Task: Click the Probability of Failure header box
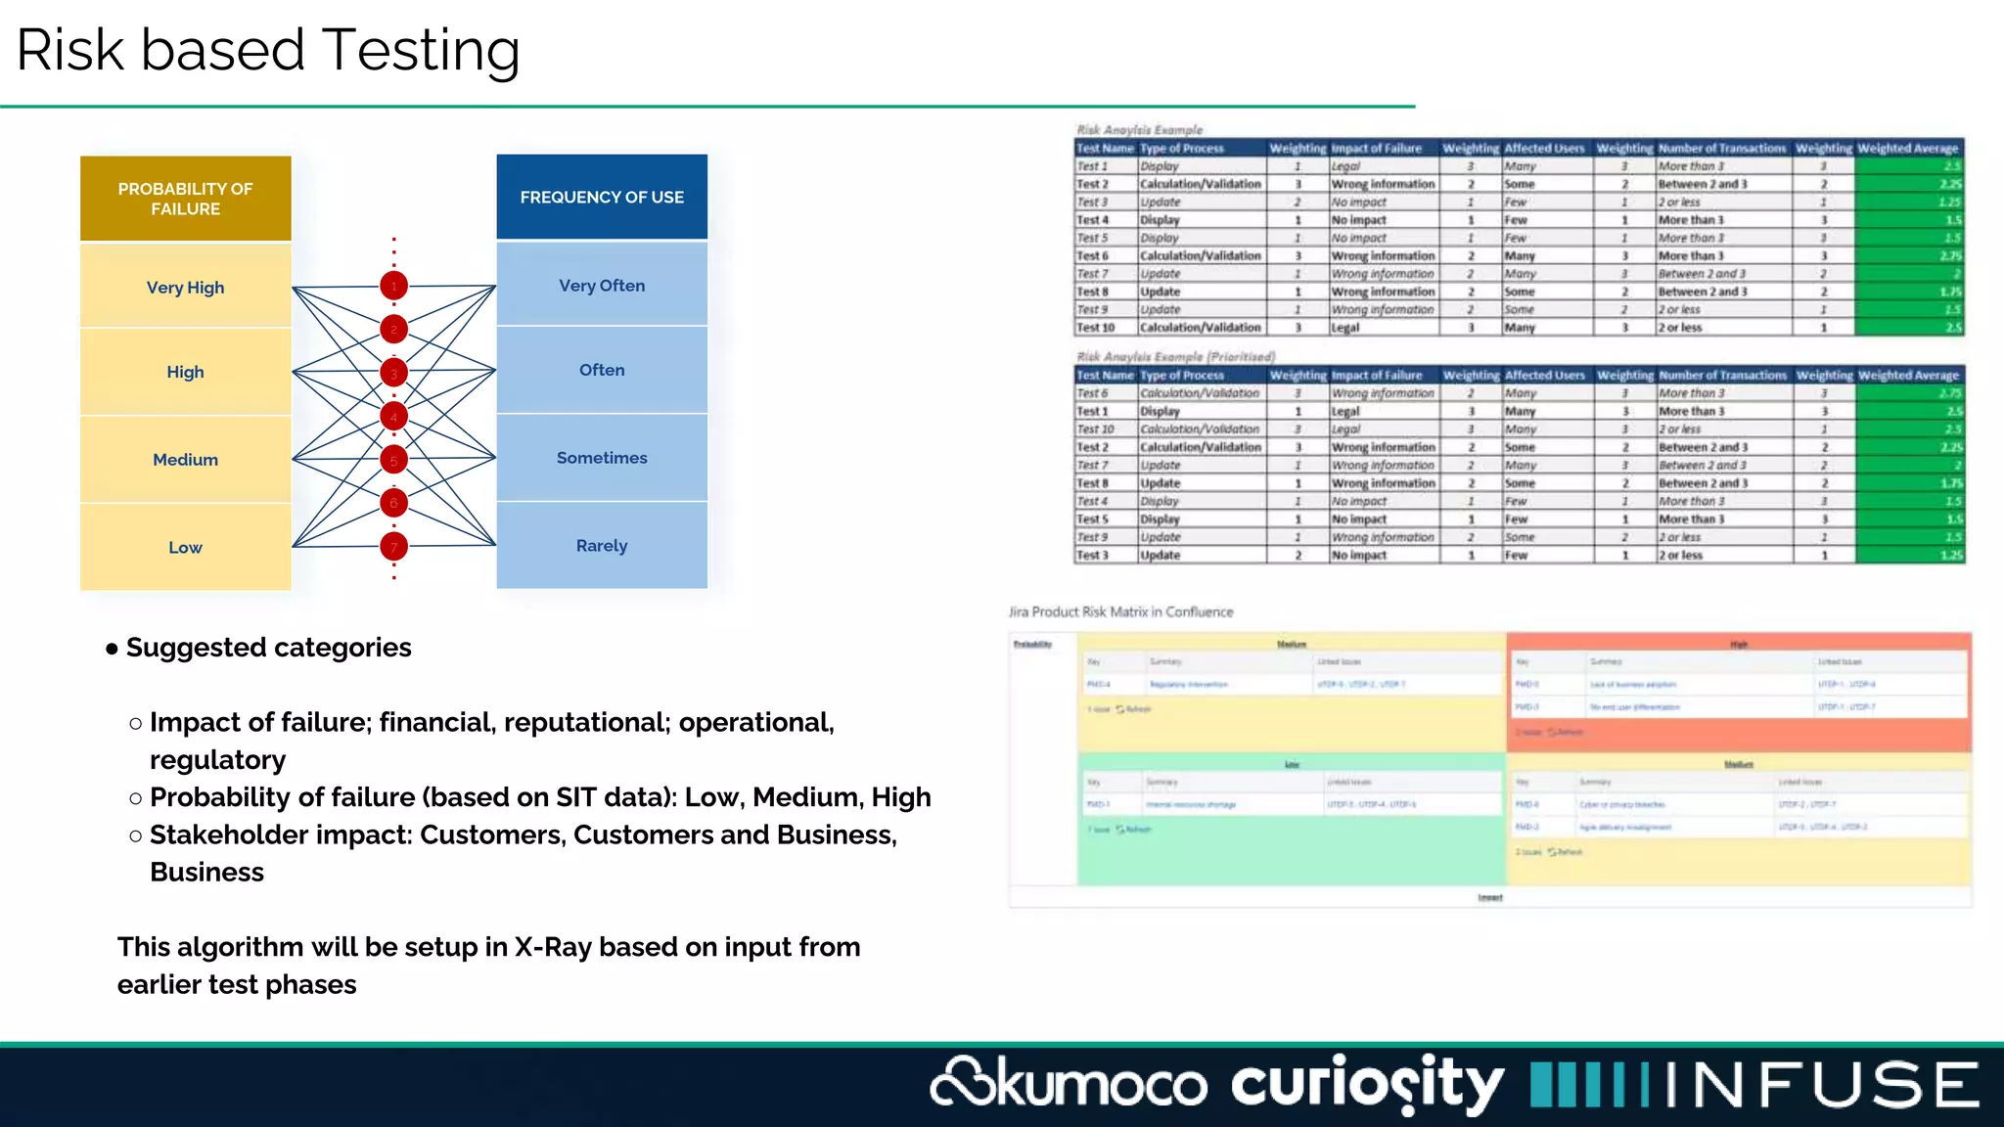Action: [185, 199]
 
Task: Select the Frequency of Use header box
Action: [602, 197]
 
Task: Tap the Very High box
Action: [185, 288]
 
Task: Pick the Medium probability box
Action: [185, 460]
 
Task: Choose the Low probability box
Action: [185, 548]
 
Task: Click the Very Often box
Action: [602, 286]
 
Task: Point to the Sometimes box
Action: [602, 458]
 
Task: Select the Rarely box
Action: [602, 546]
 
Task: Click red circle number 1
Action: [394, 287]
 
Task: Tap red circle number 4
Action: [394, 417]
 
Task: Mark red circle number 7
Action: [394, 547]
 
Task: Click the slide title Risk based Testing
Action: [268, 50]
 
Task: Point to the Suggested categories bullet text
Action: [268, 648]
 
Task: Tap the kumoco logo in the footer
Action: [1069, 1084]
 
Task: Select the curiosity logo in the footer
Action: [1367, 1084]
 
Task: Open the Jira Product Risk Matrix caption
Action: [1120, 612]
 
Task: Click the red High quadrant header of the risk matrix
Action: [1738, 645]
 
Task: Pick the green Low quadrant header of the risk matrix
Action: [1292, 764]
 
